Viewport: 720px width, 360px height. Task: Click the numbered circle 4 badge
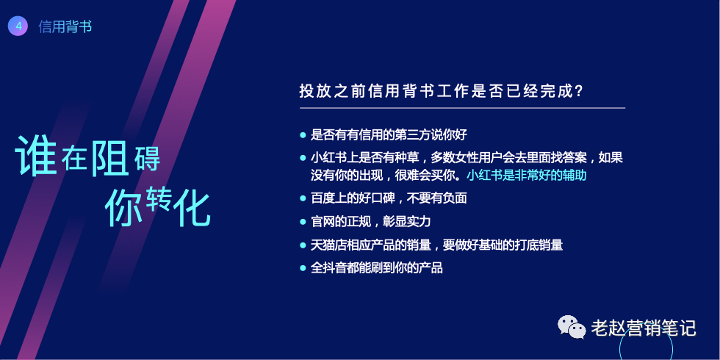pyautogui.click(x=18, y=26)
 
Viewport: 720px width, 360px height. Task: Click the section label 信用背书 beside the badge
pyautogui.click(x=65, y=26)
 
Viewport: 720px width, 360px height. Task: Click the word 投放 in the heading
pyautogui.click(x=314, y=92)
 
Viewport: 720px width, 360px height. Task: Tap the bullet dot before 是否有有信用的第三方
pyautogui.click(x=303, y=135)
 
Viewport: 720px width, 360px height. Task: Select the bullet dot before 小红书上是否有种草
pyautogui.click(x=303, y=158)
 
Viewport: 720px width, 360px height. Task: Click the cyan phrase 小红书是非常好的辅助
pyautogui.click(x=527, y=176)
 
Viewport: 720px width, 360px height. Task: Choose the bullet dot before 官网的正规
pyautogui.click(x=303, y=222)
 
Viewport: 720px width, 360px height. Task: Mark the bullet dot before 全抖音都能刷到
pyautogui.click(x=303, y=267)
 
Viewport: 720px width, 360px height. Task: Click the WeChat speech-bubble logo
pyautogui.click(x=572, y=326)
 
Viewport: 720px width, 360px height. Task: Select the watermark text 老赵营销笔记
pyautogui.click(x=644, y=328)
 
